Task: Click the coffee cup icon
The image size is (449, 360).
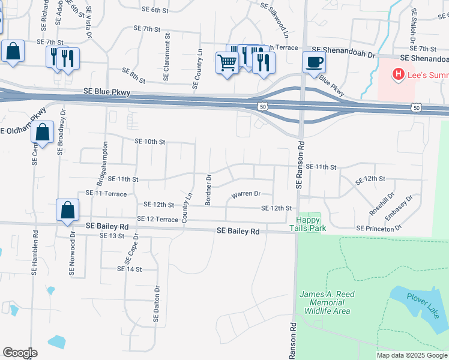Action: tap(314, 62)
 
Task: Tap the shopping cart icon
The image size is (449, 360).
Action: tap(227, 62)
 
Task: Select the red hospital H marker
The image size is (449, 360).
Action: tap(397, 74)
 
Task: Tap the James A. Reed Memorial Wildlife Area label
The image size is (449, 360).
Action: tap(328, 302)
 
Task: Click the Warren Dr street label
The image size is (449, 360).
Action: tap(246, 194)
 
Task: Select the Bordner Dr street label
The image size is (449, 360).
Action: tap(209, 190)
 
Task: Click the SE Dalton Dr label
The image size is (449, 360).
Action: tap(157, 304)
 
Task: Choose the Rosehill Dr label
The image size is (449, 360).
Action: tap(381, 204)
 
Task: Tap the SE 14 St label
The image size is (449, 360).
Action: tap(129, 269)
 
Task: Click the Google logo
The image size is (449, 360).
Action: tap(20, 353)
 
